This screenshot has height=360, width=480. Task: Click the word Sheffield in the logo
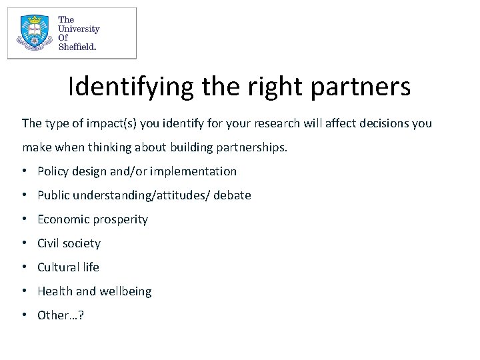[77, 47]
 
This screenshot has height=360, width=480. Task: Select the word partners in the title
[360, 87]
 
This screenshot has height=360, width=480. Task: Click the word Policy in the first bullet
[53, 171]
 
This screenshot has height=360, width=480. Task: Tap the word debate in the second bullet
[232, 195]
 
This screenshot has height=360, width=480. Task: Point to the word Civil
[49, 243]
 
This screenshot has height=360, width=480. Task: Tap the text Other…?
[61, 315]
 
